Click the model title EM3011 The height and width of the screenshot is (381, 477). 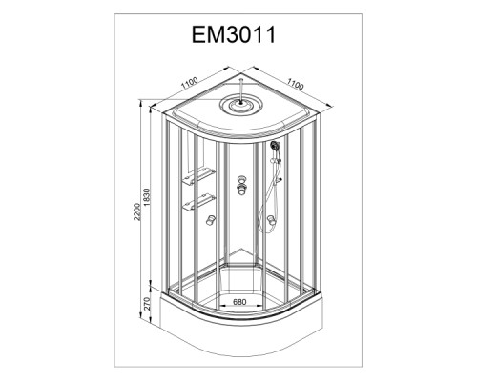coord(234,34)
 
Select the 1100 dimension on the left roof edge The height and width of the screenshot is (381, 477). coord(190,83)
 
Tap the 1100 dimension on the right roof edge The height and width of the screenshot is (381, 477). coord(296,84)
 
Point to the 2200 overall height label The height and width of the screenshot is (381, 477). coord(136,211)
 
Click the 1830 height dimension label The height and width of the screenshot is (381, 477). coord(146,197)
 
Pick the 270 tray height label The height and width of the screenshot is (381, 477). coord(146,304)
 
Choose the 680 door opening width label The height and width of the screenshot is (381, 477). coord(239,302)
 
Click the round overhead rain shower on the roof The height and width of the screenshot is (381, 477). coord(242,105)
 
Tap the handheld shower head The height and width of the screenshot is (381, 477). coord(274,146)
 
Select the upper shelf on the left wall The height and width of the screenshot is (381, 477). coord(198,176)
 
